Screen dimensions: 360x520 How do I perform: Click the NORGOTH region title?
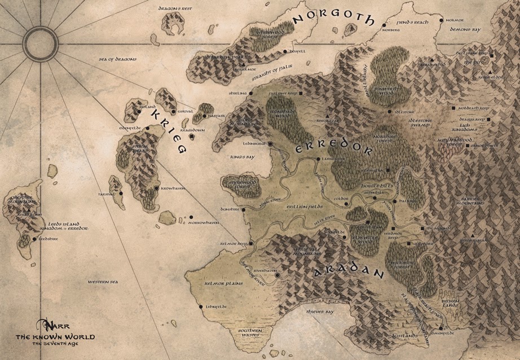(333, 20)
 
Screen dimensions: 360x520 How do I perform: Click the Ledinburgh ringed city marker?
(270, 144)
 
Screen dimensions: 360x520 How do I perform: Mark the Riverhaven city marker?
(277, 275)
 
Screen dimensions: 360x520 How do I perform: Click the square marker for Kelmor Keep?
(251, 244)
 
